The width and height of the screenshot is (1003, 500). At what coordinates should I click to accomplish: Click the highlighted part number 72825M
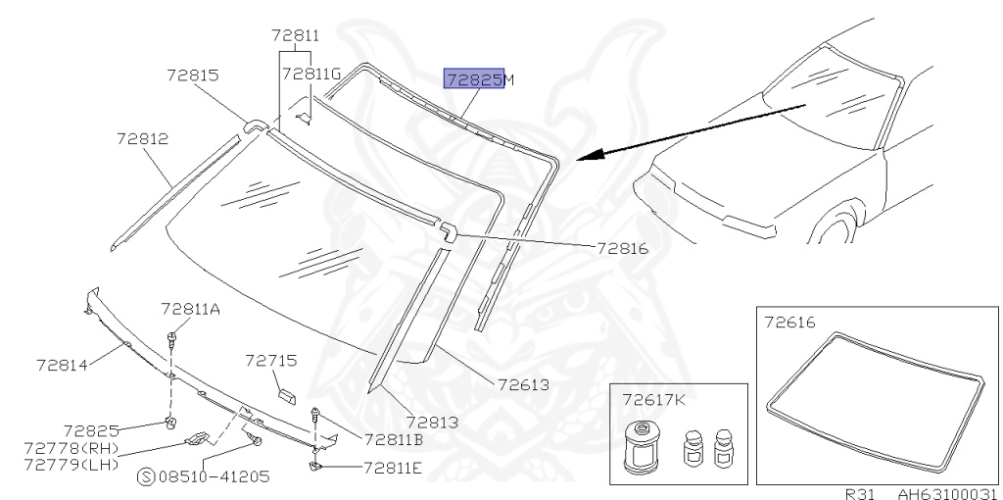pyautogui.click(x=479, y=79)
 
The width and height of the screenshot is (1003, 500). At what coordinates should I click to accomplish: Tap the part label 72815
pyautogui.click(x=192, y=75)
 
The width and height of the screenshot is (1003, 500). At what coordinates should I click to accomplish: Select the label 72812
pyautogui.click(x=142, y=139)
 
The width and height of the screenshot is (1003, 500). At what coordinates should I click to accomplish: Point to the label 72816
pyautogui.click(x=622, y=248)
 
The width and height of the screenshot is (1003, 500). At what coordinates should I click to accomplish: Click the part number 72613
pyautogui.click(x=523, y=384)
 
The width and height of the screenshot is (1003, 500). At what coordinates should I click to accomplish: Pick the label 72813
pyautogui.click(x=432, y=422)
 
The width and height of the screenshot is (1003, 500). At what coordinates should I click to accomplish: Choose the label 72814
pyautogui.click(x=63, y=366)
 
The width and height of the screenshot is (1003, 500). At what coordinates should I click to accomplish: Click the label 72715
pyautogui.click(x=270, y=361)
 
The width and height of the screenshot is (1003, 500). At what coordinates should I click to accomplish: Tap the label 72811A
pyautogui.click(x=191, y=310)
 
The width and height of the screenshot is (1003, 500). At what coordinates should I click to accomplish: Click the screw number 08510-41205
pyautogui.click(x=215, y=476)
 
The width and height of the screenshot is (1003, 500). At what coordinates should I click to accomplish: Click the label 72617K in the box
pyautogui.click(x=653, y=399)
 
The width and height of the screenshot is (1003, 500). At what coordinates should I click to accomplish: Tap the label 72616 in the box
pyautogui.click(x=788, y=322)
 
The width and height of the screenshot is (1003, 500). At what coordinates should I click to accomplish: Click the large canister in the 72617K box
pyautogui.click(x=644, y=446)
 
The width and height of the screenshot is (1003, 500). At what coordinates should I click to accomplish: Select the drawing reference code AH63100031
pyautogui.click(x=947, y=493)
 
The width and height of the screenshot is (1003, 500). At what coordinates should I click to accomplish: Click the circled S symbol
pyautogui.click(x=146, y=476)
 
